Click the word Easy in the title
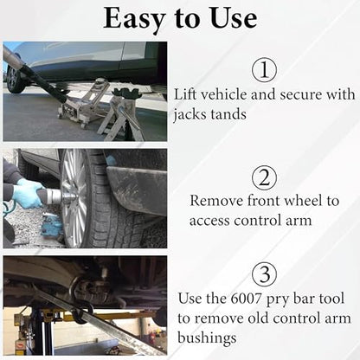(x=134, y=19)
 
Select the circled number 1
(x=264, y=70)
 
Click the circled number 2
(x=264, y=178)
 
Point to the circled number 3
(x=264, y=274)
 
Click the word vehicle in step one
(x=223, y=94)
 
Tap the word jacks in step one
(x=189, y=115)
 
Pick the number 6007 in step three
(x=246, y=299)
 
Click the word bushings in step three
(x=207, y=337)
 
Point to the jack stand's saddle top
(x=126, y=93)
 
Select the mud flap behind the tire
(x=136, y=188)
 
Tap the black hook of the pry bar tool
(x=80, y=300)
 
